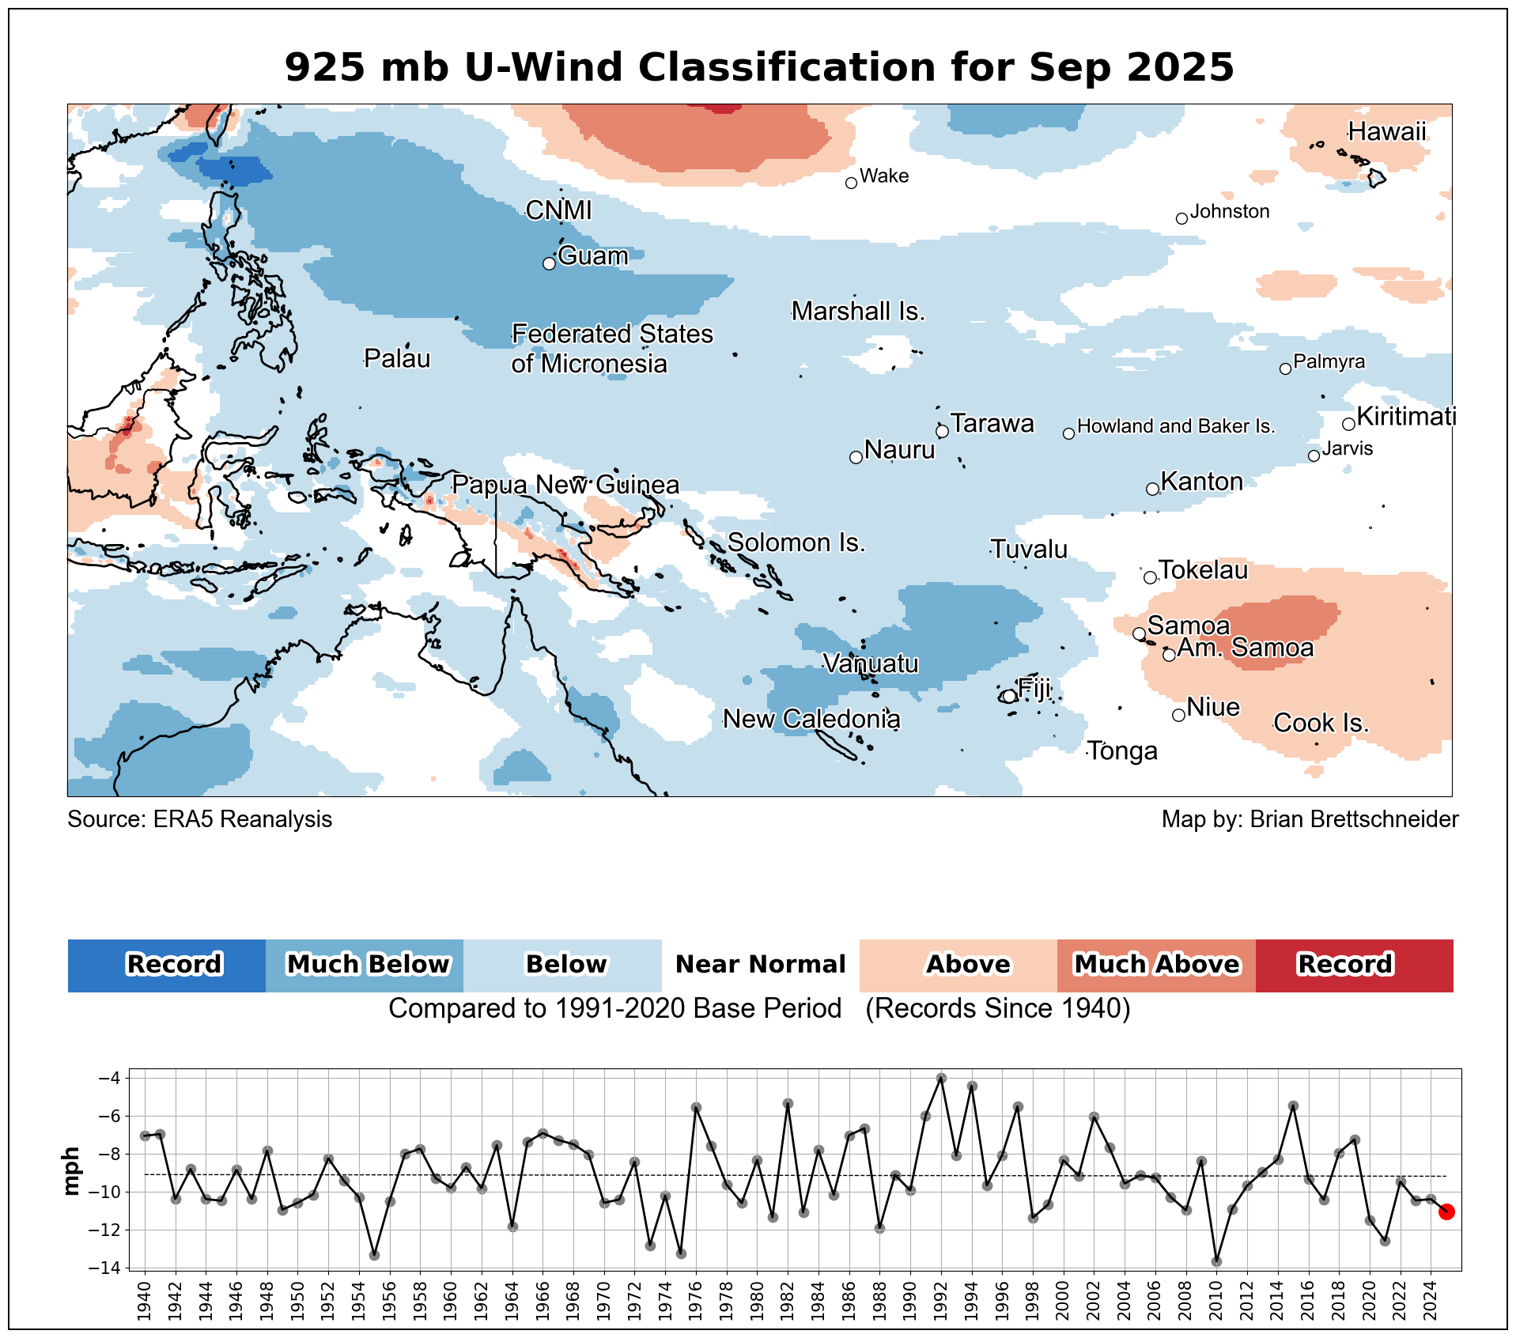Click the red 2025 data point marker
pos(1446,1211)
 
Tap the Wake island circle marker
pos(852,183)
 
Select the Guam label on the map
pos(593,256)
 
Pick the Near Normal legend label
pos(760,965)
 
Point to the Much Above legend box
pos(1156,965)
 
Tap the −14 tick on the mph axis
pos(109,1268)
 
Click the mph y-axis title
pos(71,1171)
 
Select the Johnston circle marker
pos(1181,219)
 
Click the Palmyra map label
pos(1329,362)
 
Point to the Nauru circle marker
pos(856,457)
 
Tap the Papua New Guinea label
pos(565,485)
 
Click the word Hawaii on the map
pos(1387,131)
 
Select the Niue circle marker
pos(1178,715)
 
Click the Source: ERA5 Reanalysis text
pos(200,819)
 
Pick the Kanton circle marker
pos(1152,489)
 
